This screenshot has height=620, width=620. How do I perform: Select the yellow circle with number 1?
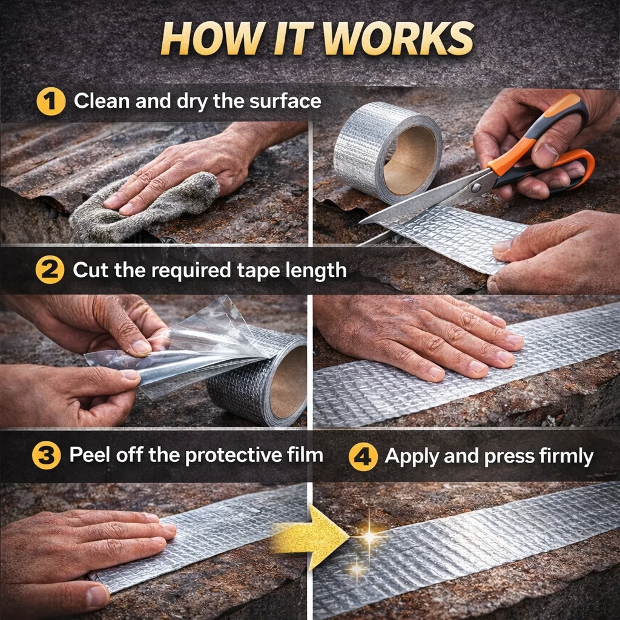tap(51, 102)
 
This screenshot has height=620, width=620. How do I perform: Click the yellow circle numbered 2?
tap(50, 270)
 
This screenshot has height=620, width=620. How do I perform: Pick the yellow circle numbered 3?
tap(46, 455)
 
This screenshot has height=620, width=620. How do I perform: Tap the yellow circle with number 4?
tap(363, 457)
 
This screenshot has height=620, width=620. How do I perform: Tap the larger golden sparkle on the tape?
tap(369, 536)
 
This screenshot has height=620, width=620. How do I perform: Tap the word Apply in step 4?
tap(412, 457)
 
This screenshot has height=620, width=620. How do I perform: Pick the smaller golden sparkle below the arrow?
tap(357, 569)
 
